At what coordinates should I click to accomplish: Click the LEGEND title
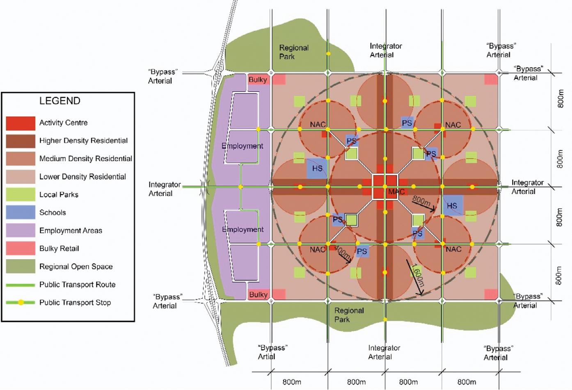click(59, 101)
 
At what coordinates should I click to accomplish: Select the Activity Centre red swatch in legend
click(21, 123)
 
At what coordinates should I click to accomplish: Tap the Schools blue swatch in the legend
click(21, 212)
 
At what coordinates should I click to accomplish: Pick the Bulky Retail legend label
click(59, 249)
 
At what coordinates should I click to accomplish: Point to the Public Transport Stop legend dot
click(21, 303)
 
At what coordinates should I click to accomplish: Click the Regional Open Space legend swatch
click(21, 267)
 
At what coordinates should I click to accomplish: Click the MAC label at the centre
click(396, 192)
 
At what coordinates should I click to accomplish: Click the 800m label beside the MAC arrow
click(421, 201)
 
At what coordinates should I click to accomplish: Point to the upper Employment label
click(243, 146)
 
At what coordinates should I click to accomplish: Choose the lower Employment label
click(243, 230)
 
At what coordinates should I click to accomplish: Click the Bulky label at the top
click(258, 80)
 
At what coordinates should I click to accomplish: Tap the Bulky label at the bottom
click(258, 294)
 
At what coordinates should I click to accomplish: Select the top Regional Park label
click(293, 52)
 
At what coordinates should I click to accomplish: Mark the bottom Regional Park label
click(349, 315)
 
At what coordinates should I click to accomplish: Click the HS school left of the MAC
click(317, 168)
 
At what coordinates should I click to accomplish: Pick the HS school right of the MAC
click(452, 205)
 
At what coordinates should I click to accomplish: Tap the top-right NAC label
click(453, 125)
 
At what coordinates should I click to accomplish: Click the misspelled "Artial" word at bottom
click(266, 357)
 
